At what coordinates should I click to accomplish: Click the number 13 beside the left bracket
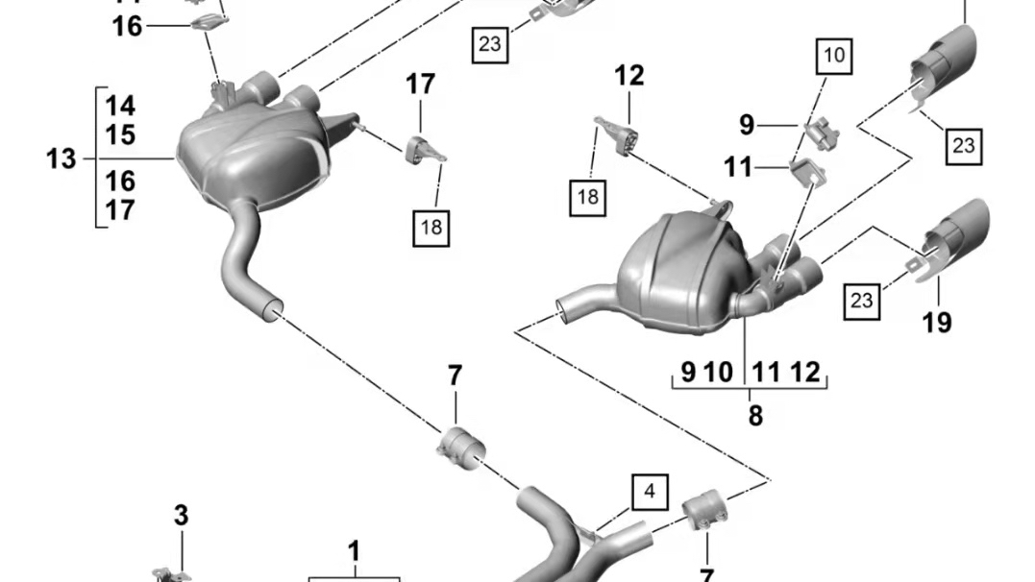tap(62, 158)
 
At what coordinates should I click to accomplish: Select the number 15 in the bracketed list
tap(120, 134)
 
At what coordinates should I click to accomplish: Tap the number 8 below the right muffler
tap(755, 415)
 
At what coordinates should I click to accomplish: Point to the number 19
tap(937, 322)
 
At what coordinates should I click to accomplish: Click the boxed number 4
tap(650, 493)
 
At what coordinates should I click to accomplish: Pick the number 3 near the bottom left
tap(181, 516)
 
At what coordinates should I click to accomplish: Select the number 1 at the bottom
tap(354, 552)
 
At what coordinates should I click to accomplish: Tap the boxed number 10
tap(834, 55)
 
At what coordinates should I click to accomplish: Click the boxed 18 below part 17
tap(431, 227)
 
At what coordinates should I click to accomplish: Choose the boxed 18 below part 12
tap(588, 198)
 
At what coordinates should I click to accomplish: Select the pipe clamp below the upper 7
tap(460, 448)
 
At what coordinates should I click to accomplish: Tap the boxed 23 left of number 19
tap(862, 301)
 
